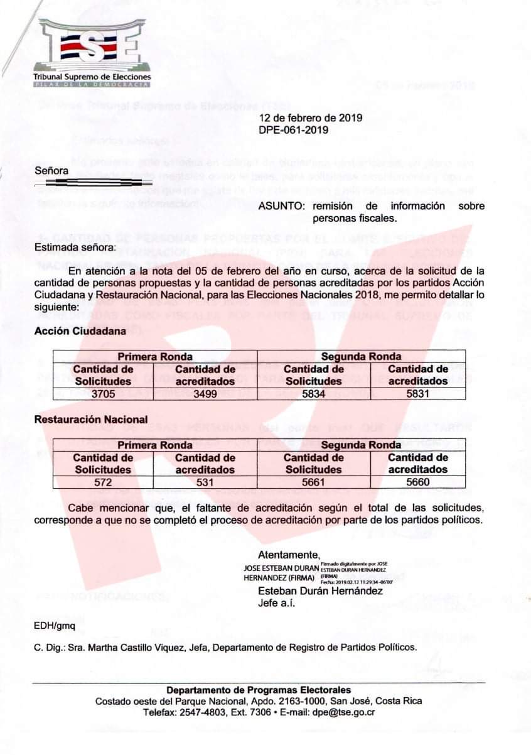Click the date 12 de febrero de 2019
[310, 118]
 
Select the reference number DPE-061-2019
[293, 130]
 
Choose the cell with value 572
[103, 482]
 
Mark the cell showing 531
[205, 482]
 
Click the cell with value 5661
[313, 482]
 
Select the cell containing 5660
[417, 482]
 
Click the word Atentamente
[289, 555]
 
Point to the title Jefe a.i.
[276, 604]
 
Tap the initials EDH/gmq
[55, 626]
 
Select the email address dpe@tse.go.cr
[345, 712]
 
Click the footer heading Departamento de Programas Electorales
[259, 690]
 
